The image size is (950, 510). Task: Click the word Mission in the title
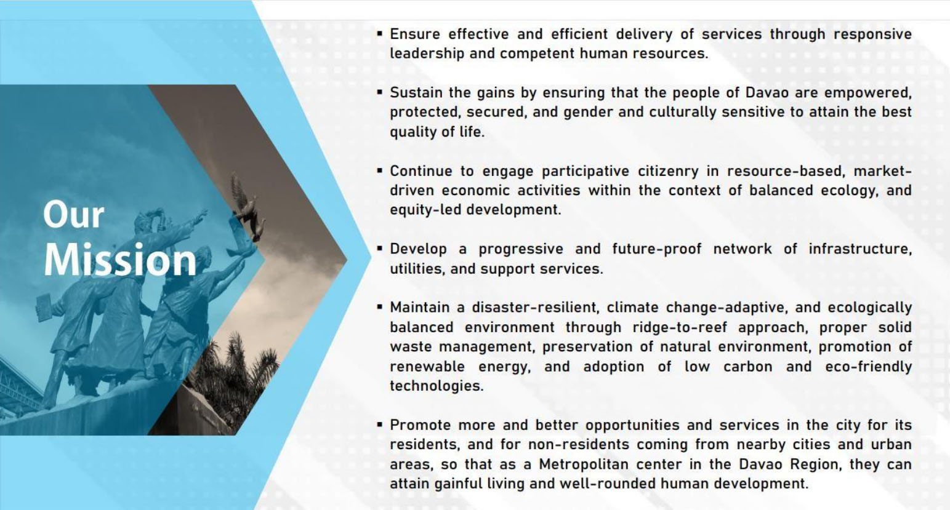(x=121, y=260)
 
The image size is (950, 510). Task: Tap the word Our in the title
(x=74, y=215)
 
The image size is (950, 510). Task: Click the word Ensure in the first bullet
(x=415, y=34)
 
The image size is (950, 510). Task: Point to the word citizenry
(x=668, y=171)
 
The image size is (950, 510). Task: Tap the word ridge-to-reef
(x=680, y=328)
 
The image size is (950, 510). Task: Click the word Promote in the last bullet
(x=420, y=425)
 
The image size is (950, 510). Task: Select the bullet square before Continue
(x=380, y=169)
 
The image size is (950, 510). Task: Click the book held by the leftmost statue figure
(x=44, y=306)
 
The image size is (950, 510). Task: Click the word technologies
(x=437, y=386)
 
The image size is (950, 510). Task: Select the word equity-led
(x=425, y=210)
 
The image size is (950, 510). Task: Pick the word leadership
(x=427, y=54)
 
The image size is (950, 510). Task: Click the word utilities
(x=417, y=269)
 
